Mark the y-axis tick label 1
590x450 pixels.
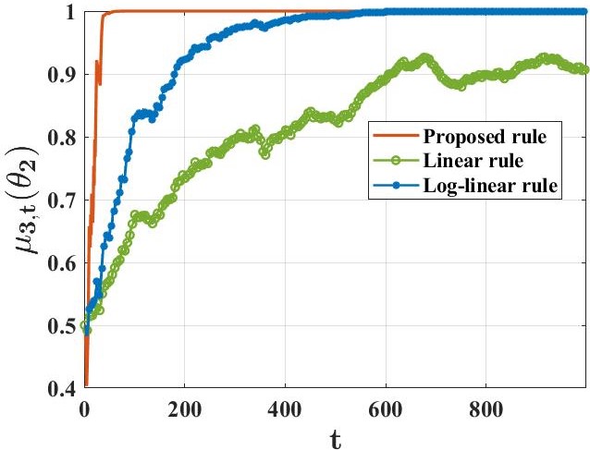pyautogui.click(x=70, y=12)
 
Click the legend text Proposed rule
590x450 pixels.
pyautogui.click(x=480, y=138)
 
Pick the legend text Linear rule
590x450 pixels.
pyautogui.click(x=467, y=163)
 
